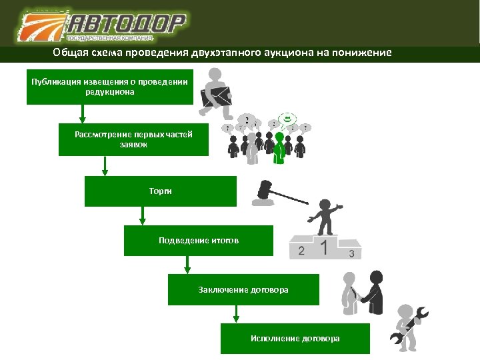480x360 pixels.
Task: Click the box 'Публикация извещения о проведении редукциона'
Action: click(109, 87)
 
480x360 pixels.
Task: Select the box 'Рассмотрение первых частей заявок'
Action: click(133, 139)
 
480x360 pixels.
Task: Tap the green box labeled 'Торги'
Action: click(160, 191)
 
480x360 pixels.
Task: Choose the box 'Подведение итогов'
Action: click(198, 240)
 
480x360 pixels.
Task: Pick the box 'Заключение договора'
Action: click(243, 289)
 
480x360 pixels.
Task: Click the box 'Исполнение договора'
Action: click(295, 338)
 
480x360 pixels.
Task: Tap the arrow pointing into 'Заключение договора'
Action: click(187, 265)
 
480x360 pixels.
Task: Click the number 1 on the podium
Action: click(324, 248)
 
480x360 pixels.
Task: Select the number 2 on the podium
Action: click(301, 251)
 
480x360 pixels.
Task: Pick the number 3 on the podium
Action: click(351, 254)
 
